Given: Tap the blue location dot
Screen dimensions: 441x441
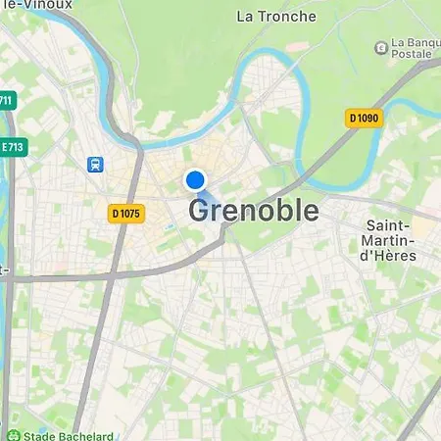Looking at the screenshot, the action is tap(195, 180).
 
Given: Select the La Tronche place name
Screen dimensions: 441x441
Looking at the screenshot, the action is tap(276, 16).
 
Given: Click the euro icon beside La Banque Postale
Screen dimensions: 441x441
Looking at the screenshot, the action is tap(380, 47).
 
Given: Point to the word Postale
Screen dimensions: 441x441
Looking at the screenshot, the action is tap(411, 55).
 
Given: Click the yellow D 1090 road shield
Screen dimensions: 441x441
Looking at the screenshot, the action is tap(364, 118).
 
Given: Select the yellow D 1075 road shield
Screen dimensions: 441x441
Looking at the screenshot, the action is tap(127, 213).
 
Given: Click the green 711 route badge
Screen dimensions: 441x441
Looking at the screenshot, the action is tap(7, 101).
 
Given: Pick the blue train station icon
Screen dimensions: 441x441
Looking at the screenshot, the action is tap(96, 166).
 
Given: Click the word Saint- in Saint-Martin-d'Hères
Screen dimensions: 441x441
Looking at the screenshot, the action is tap(387, 224).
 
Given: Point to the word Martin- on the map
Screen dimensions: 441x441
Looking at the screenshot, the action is tap(387, 240).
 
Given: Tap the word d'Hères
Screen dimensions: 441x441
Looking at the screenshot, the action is tap(387, 256).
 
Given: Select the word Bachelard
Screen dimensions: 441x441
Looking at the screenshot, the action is tap(83, 436).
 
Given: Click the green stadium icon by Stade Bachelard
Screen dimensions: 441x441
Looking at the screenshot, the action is tap(12, 436).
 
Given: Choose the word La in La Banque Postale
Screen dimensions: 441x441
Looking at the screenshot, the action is tap(399, 42).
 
